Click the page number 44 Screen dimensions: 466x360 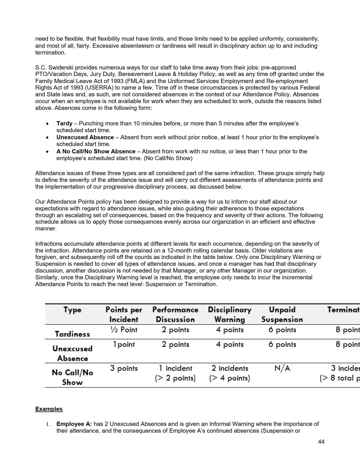[321, 442]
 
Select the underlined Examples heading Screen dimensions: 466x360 [49, 409]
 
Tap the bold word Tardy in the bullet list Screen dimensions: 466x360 [64, 123]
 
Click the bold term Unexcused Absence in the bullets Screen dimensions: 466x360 [85, 137]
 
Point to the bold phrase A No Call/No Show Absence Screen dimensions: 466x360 [96, 151]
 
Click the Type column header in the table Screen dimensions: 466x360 [72, 310]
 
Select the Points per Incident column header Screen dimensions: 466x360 [124, 314]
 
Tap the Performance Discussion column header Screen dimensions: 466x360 [175, 314]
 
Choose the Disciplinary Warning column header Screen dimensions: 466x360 [230, 314]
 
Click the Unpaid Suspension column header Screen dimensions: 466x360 [282, 314]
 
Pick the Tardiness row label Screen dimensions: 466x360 [72, 334]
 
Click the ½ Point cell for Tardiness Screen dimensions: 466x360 [124, 330]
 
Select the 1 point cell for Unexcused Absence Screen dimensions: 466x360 [124, 345]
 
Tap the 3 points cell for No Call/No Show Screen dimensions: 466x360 [124, 368]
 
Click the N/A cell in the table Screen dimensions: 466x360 [282, 368]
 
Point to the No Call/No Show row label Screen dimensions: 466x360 [72, 377]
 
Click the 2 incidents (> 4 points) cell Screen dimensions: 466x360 [230, 373]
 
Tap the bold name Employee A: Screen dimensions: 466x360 [74, 424]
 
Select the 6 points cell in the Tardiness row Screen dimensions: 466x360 [282, 330]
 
